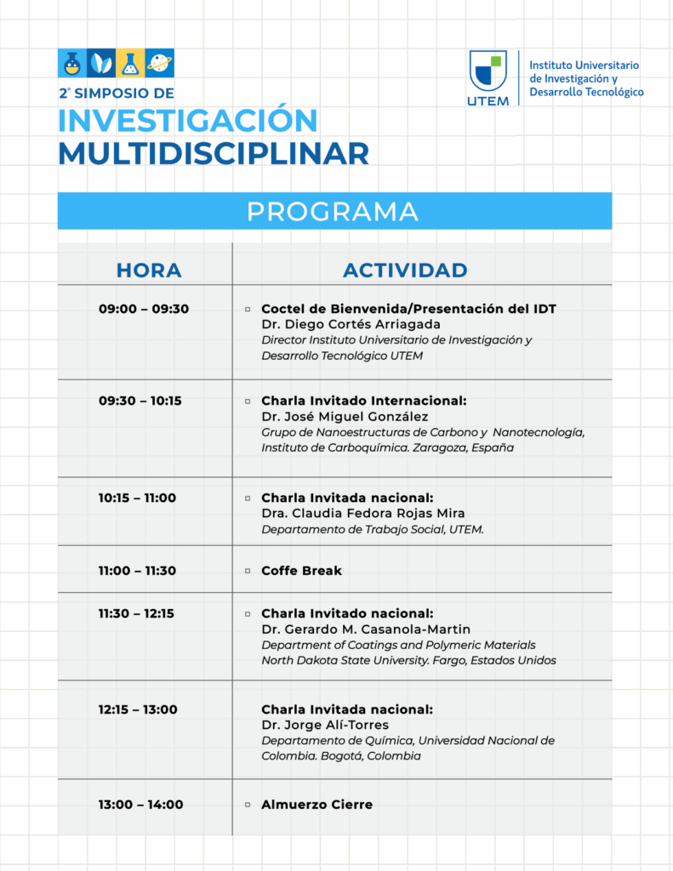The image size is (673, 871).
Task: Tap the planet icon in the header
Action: (x=160, y=62)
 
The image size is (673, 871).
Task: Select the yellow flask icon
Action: (x=130, y=62)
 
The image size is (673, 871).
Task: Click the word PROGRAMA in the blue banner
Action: (x=333, y=212)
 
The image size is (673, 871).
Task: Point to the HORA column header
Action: (x=149, y=270)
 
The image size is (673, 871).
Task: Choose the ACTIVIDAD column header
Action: (x=405, y=270)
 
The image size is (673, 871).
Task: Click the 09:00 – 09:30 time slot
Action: (x=144, y=309)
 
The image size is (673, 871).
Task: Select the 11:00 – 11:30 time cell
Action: (x=137, y=571)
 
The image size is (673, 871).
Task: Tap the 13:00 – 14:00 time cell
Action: (x=140, y=805)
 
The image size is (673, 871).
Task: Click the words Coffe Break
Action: (x=301, y=571)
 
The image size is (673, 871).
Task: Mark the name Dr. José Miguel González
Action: (x=345, y=416)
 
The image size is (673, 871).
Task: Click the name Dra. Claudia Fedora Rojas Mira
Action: (x=363, y=514)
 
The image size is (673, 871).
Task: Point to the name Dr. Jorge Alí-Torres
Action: (x=325, y=725)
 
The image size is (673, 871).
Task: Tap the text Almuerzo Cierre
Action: (x=317, y=805)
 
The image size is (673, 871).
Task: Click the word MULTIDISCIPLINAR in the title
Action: (x=214, y=153)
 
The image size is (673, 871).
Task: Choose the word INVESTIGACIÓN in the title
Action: (x=188, y=120)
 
